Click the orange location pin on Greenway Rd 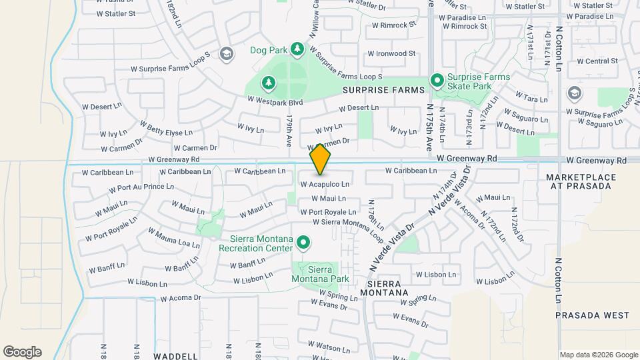(320, 159)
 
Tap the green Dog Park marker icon (297, 50)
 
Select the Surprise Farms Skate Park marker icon (437, 81)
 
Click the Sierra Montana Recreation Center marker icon (303, 243)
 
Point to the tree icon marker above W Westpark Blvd (268, 83)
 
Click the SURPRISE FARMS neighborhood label (383, 89)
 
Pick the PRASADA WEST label (592, 315)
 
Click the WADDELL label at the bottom (175, 356)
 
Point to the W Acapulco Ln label (325, 184)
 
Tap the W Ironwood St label (391, 53)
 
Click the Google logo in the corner (22, 352)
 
